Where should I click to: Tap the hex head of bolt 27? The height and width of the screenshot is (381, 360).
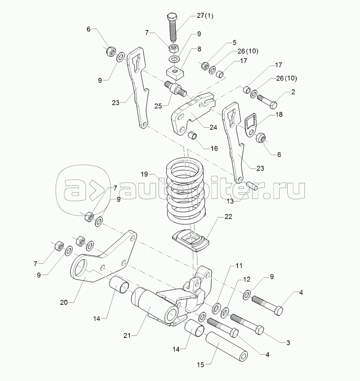pyautogui.click(x=172, y=17)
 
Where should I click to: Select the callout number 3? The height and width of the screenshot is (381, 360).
pyautogui.click(x=288, y=343)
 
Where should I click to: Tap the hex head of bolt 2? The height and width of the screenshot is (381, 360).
pyautogui.click(x=273, y=105)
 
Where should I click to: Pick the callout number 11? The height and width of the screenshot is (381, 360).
pyautogui.click(x=238, y=266)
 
